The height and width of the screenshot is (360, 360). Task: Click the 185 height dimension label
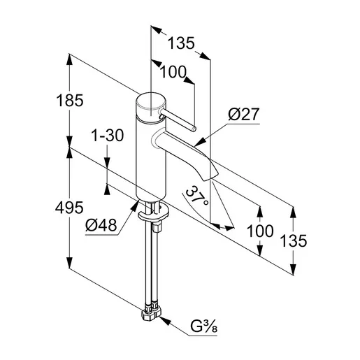70,101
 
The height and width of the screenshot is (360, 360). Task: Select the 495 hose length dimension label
69,208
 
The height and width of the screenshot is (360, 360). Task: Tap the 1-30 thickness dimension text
108,136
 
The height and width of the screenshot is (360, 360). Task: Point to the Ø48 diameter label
101,225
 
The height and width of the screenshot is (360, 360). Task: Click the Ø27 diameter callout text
244,114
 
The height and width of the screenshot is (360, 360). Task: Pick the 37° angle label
197,194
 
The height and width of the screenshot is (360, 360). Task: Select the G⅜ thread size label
203,326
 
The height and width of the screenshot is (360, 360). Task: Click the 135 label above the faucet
181,43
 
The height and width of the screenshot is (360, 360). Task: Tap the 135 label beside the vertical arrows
294,240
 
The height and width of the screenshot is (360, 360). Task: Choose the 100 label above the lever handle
173,72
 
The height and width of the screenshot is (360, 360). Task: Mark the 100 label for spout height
260,231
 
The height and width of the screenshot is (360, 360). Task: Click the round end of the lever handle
194,129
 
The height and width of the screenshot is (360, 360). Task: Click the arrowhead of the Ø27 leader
200,141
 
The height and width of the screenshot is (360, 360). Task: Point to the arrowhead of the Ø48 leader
135,206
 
